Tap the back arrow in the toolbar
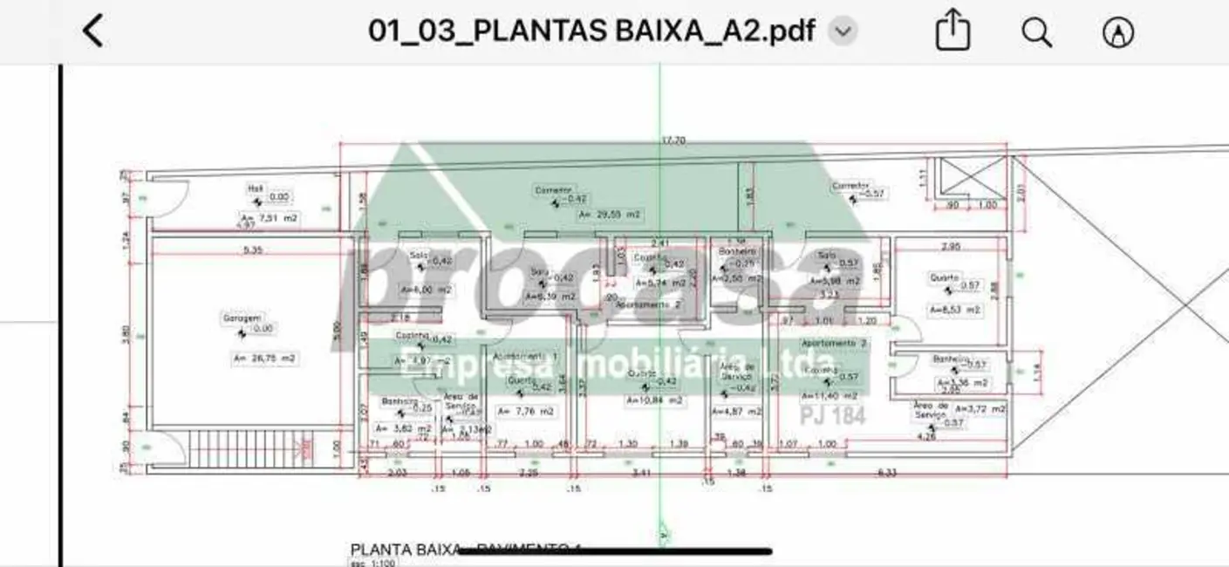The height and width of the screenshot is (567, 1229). click(x=92, y=31)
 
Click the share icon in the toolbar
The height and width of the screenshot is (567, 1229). click(x=952, y=32)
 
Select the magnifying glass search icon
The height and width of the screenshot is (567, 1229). click(x=1036, y=32)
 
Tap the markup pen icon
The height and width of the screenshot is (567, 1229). click(x=1118, y=32)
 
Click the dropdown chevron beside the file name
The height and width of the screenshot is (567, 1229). click(x=843, y=32)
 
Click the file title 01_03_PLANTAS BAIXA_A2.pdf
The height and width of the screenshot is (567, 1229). click(x=591, y=31)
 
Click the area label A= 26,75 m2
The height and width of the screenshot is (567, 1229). click(x=264, y=358)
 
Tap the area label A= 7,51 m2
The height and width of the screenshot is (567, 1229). click(x=269, y=217)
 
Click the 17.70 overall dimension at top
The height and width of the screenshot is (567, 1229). click(x=673, y=140)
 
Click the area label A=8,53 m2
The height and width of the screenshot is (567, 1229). click(x=955, y=309)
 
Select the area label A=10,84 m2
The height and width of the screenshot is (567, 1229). click(x=654, y=400)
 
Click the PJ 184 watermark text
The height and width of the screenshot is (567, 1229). click(x=833, y=416)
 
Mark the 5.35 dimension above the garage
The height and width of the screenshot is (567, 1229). click(x=253, y=249)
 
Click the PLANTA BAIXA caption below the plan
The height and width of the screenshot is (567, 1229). click(x=405, y=550)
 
